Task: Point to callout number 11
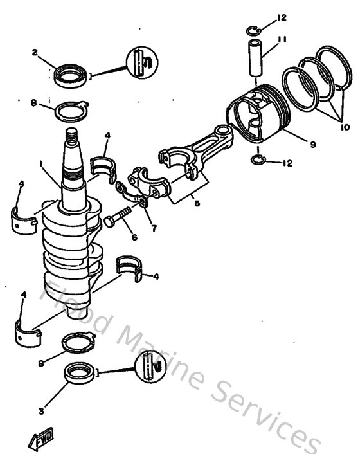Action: coord(282,39)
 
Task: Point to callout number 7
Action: coord(154,229)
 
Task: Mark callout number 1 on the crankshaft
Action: coord(42,164)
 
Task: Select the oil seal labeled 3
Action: coord(79,374)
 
